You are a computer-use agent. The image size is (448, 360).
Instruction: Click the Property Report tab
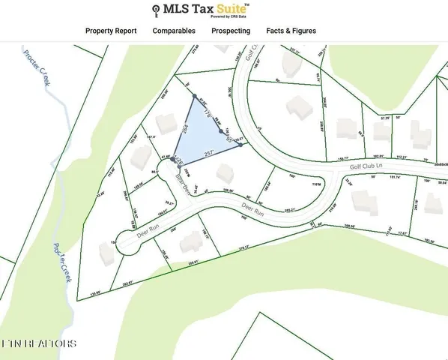click(111, 31)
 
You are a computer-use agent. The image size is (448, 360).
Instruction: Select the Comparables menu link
click(174, 31)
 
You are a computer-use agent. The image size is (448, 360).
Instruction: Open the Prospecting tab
click(231, 31)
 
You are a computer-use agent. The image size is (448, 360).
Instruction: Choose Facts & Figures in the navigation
click(291, 31)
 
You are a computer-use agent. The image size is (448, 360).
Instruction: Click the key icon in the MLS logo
click(156, 10)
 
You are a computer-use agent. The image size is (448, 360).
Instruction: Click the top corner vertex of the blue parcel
click(196, 97)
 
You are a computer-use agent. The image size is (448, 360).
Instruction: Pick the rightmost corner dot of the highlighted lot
click(240, 145)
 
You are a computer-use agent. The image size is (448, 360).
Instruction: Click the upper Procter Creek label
click(37, 68)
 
